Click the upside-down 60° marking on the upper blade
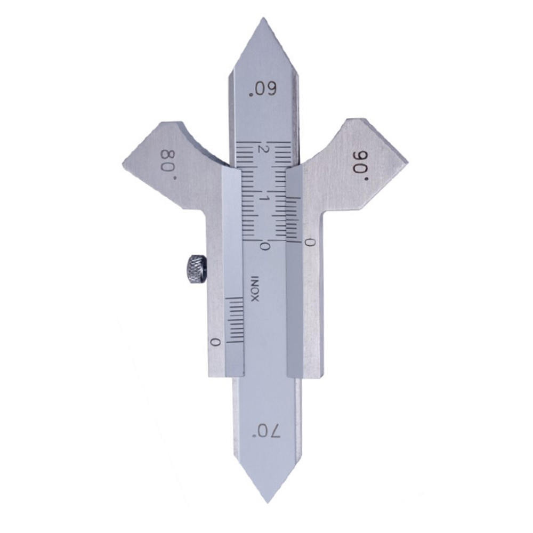pyautogui.click(x=263, y=90)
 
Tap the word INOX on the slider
pyautogui.click(x=255, y=289)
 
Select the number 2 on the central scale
pyautogui.click(x=261, y=150)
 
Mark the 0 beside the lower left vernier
pyautogui.click(x=215, y=342)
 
